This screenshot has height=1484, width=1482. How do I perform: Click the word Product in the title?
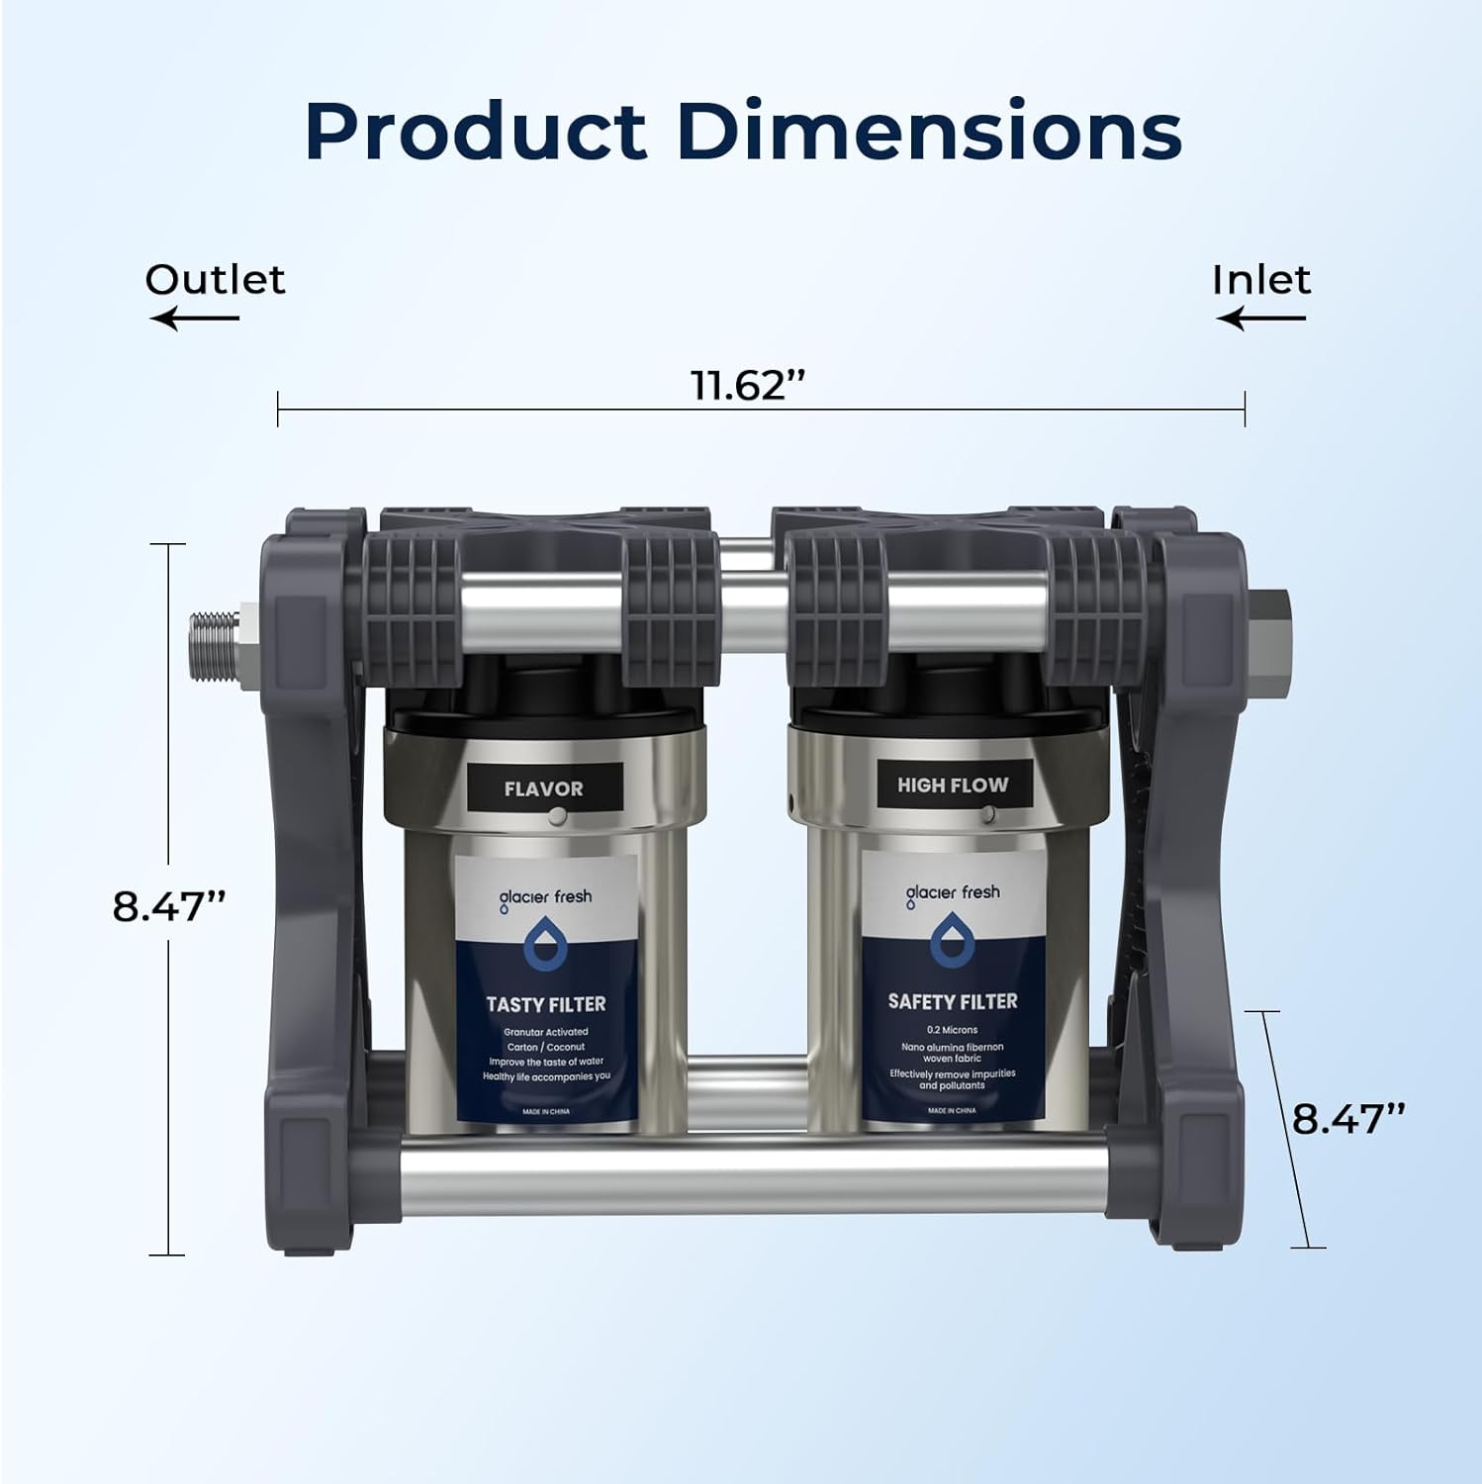point(475,131)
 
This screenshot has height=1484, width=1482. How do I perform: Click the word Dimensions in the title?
point(930,131)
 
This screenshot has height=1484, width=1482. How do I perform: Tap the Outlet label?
point(215,280)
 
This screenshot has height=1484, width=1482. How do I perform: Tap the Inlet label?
point(1261,280)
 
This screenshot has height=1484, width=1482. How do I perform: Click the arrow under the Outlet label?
point(195,318)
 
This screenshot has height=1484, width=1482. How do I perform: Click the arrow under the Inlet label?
point(1261,318)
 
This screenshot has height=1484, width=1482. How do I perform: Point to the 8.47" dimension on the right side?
point(1348,1119)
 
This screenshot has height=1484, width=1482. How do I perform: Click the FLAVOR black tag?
point(543,788)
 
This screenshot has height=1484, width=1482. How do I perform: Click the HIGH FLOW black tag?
point(953,785)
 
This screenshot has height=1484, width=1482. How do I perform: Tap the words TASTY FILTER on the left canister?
point(545,1004)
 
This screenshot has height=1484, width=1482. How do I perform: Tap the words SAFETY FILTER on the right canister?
point(953,1001)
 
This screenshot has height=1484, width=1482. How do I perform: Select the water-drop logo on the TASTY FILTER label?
point(542,945)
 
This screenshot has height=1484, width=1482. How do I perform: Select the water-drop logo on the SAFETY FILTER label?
point(952,941)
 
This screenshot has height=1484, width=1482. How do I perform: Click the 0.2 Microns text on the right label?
point(952,1030)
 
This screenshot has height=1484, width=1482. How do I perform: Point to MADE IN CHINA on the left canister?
point(545,1112)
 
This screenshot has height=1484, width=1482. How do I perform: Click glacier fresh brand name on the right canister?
point(953,893)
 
